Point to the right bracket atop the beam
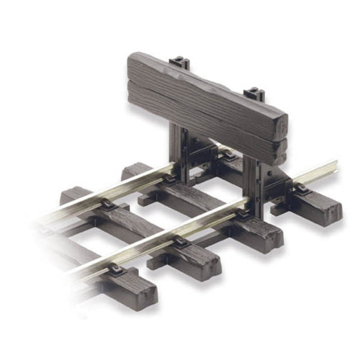(x=253, y=94)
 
